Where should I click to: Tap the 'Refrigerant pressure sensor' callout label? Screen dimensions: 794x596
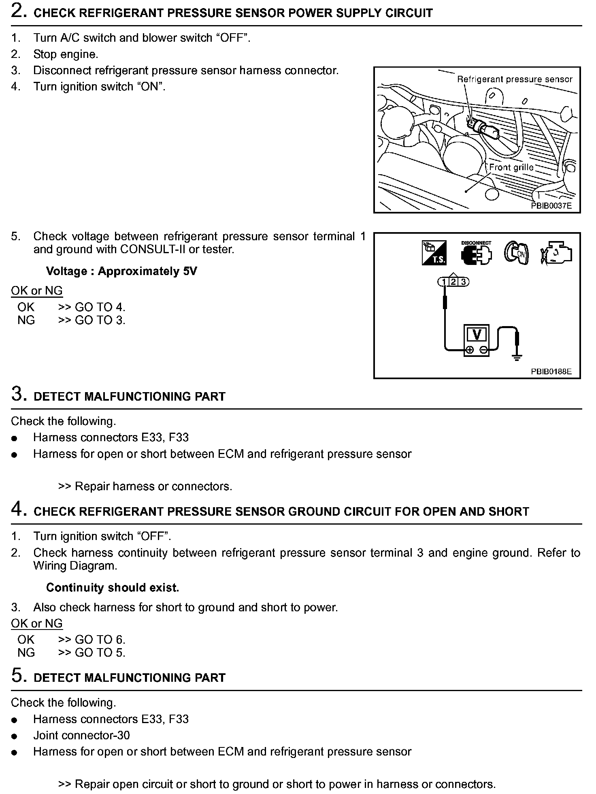click(515, 79)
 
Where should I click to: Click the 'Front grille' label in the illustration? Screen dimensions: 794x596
click(511, 167)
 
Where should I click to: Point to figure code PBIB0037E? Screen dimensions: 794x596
click(551, 206)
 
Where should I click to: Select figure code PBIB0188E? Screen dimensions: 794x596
click(551, 371)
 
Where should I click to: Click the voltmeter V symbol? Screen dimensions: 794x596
click(477, 335)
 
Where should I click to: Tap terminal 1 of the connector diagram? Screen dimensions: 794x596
click(444, 282)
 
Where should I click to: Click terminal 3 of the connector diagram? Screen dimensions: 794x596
click(463, 282)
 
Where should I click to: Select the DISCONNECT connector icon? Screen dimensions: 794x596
click(476, 253)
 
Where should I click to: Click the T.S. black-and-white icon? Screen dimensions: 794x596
click(434, 253)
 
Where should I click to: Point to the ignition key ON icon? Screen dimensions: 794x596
click(516, 253)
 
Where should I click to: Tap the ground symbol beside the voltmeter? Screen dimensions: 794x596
click(517, 356)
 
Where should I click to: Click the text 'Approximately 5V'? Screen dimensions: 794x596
click(147, 271)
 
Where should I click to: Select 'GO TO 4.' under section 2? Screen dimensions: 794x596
click(100, 307)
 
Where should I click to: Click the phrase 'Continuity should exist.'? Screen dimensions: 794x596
click(113, 587)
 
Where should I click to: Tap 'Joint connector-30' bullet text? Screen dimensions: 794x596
click(81, 735)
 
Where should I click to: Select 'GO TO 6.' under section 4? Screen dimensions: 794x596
click(100, 640)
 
